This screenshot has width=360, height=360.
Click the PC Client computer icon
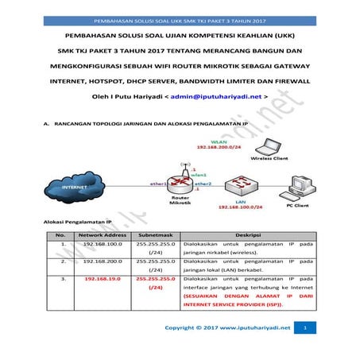pos(302,188)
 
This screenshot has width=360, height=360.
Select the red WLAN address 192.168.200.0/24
pos(218,148)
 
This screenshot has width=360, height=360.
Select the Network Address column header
pos(103,235)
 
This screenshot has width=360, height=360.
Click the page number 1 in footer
pos(305,327)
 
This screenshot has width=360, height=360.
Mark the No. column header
pos(60,235)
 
